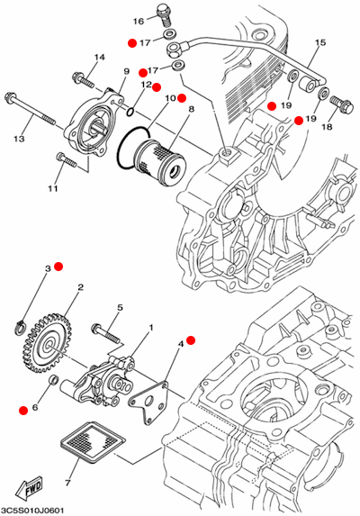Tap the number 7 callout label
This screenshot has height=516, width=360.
67,484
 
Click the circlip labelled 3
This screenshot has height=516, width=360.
21,327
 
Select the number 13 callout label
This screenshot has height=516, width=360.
19,139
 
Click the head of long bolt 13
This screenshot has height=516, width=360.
10,97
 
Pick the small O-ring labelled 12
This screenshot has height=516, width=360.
130,112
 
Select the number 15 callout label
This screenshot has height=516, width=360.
319,42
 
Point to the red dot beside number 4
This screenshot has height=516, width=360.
191,340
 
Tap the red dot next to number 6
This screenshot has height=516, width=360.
23,411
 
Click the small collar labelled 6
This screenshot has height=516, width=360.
54,380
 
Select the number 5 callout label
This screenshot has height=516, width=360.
120,308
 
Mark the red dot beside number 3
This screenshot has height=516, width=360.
58,267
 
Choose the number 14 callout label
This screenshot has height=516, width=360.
99,58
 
